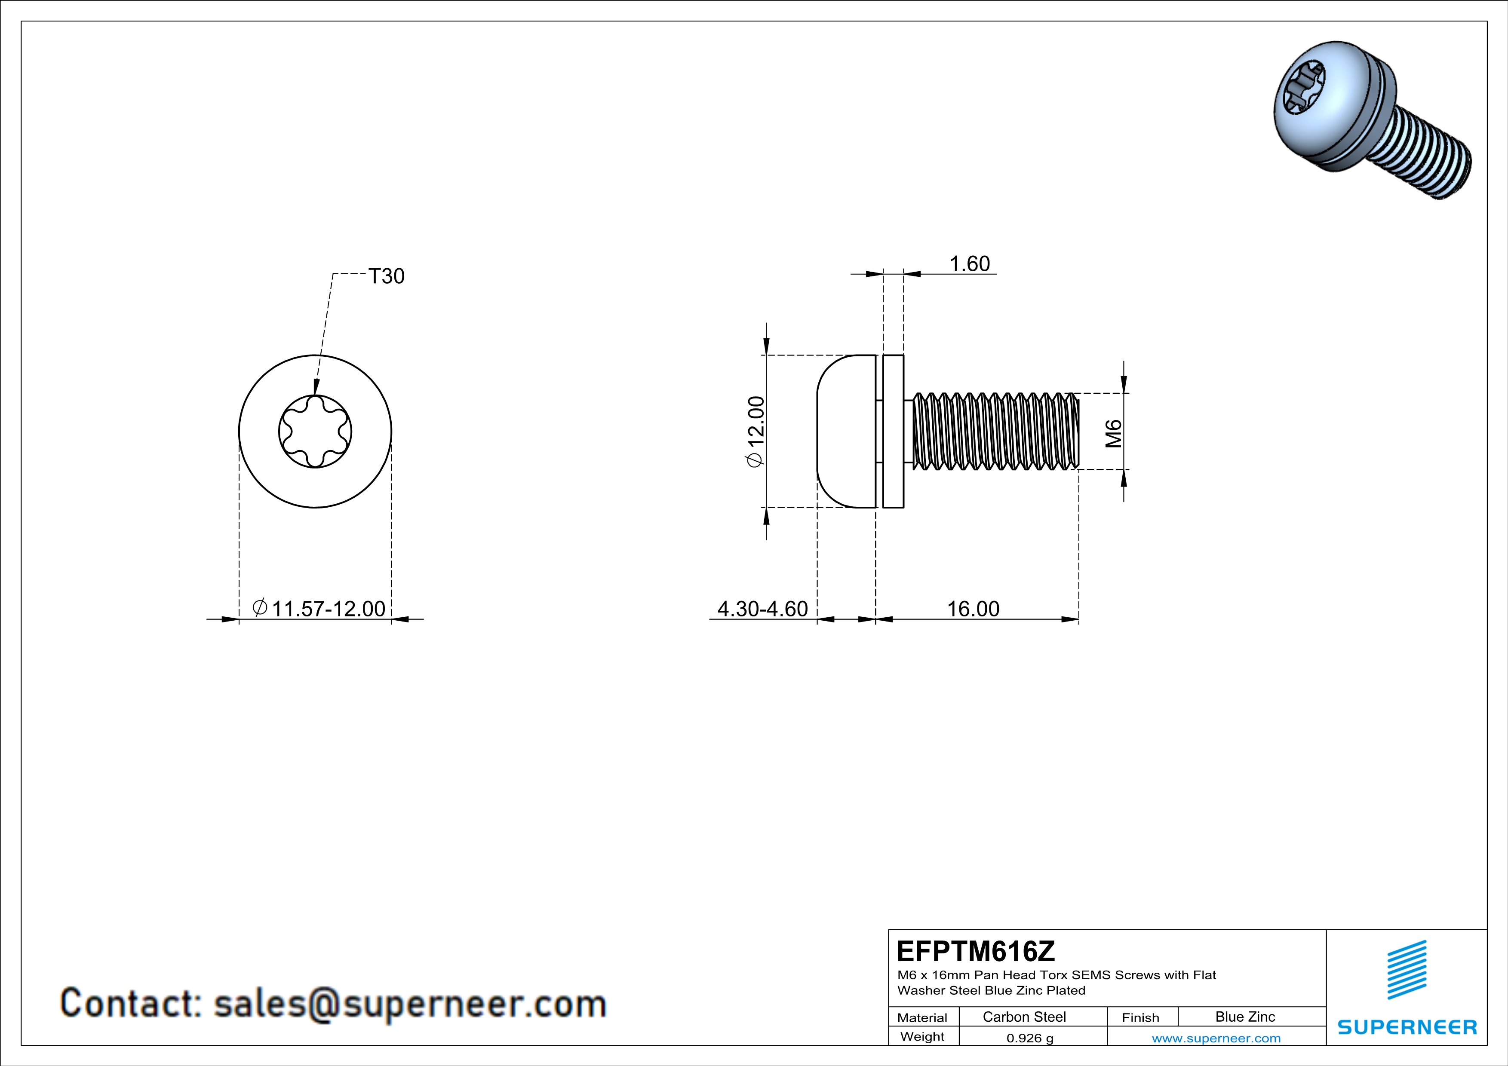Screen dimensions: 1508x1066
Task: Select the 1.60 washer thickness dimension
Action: point(969,264)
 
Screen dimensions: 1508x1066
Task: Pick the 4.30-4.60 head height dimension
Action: point(762,609)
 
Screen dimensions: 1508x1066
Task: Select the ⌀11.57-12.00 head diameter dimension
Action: point(319,609)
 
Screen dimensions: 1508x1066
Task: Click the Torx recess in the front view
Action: point(315,431)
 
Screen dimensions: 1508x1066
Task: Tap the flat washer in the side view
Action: point(893,431)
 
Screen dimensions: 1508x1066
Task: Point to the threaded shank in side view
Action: point(992,431)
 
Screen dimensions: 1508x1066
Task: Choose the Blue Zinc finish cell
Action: point(1245,1017)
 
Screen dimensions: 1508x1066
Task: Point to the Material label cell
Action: point(922,1017)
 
